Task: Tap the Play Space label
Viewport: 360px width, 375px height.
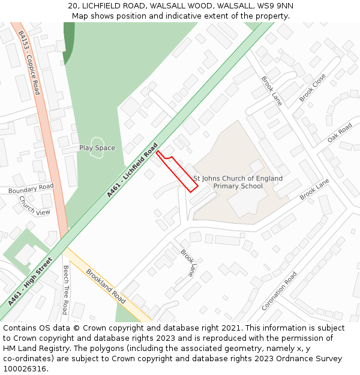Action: pos(97,148)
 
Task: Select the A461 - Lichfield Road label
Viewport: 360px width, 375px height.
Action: pos(132,170)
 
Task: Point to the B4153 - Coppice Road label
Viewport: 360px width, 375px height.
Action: pos(29,63)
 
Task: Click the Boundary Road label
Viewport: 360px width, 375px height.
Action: pos(31,188)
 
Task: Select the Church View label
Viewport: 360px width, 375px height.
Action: pos(34,206)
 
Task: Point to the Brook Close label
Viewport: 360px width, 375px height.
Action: pos(313,88)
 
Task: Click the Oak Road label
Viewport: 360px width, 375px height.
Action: pos(340,133)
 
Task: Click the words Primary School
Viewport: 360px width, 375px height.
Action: pos(238,186)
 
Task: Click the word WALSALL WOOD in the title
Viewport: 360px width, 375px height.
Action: pos(179,5)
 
